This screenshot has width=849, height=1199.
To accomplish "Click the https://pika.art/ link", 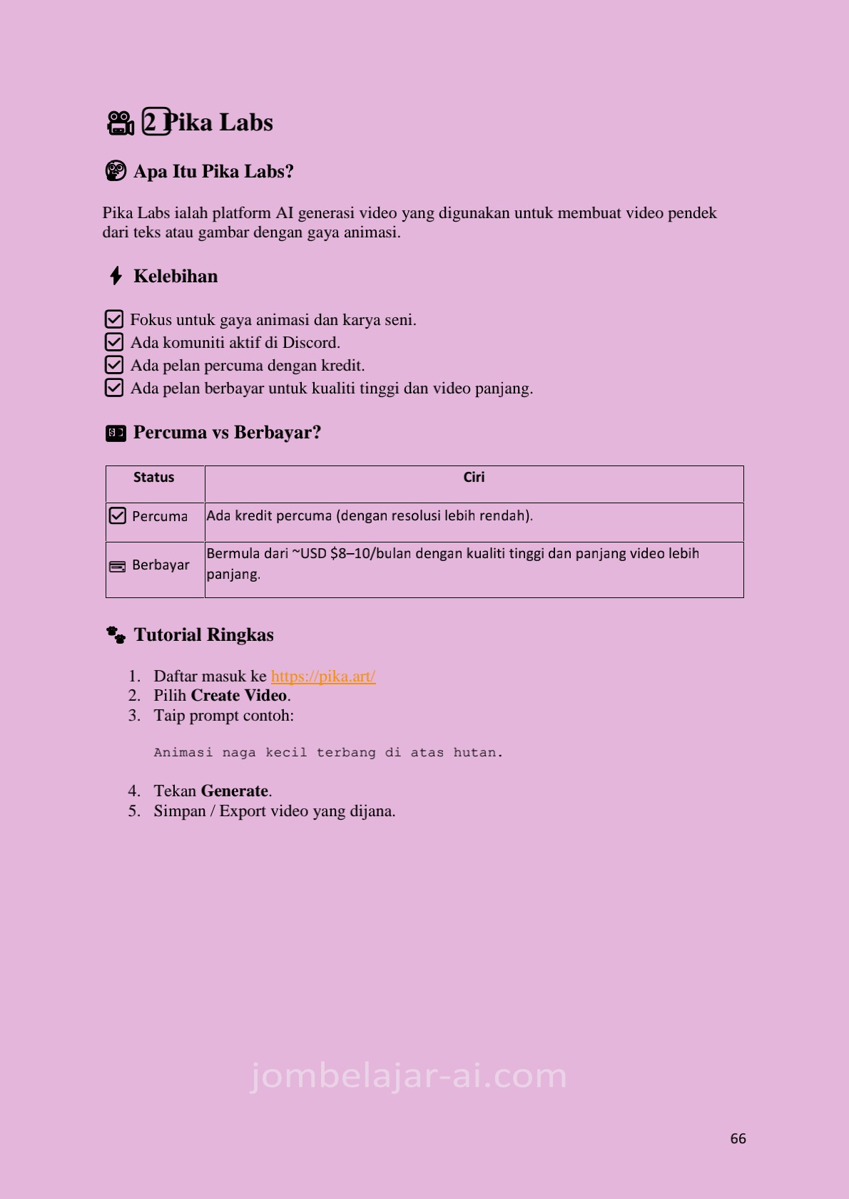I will [323, 676].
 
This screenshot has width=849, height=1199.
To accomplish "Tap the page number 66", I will [738, 1138].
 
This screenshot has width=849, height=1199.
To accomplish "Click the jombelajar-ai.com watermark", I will [409, 1076].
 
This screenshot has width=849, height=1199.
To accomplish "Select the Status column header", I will [154, 478].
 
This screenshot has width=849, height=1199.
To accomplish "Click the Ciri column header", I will [474, 478].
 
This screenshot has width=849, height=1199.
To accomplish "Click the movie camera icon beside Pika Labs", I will [120, 123].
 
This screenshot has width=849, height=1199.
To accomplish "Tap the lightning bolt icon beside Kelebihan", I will [116, 276].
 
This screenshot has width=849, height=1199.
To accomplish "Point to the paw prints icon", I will [116, 634].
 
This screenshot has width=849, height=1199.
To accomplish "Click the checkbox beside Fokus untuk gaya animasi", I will [114, 319].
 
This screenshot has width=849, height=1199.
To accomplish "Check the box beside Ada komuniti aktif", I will [114, 342].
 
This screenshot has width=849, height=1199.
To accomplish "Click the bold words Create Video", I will [239, 696].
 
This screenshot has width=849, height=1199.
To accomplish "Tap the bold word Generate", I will [235, 791].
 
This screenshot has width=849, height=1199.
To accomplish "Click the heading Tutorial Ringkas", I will [203, 634].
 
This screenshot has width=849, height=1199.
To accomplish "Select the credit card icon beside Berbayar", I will [117, 567].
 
